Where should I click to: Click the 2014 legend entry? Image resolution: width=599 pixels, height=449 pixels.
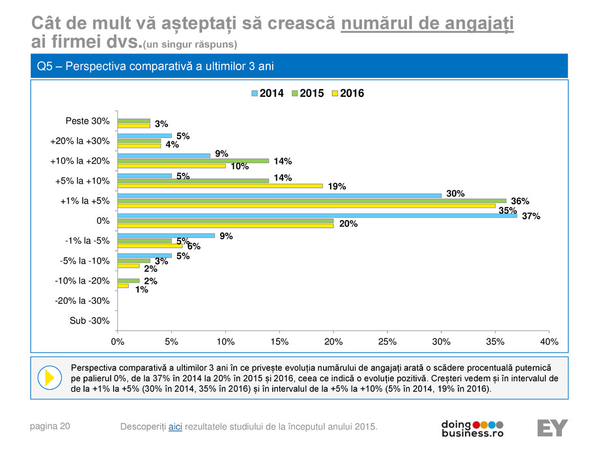click(268, 94)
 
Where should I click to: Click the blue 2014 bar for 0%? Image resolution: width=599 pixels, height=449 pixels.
click(317, 215)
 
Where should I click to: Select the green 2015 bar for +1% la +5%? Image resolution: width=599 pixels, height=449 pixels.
click(311, 200)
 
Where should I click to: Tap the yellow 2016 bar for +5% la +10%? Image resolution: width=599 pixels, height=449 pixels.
click(219, 185)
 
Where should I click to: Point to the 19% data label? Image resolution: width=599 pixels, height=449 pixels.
click(337, 187)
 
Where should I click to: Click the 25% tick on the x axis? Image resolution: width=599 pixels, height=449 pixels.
click(387, 341)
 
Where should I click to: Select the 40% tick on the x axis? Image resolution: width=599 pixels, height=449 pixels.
click(549, 341)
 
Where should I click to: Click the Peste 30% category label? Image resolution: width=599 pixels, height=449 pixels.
click(87, 121)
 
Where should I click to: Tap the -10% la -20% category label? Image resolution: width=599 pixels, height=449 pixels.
click(82, 280)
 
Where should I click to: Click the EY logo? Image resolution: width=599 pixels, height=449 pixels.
click(552, 428)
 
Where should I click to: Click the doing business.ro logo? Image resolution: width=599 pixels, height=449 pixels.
click(472, 428)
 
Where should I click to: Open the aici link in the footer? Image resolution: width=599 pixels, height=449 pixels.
click(174, 426)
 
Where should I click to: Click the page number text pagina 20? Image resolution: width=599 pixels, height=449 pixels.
click(51, 426)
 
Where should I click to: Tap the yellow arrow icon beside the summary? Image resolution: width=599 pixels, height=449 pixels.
click(48, 377)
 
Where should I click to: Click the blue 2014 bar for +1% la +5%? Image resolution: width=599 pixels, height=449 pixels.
click(279, 195)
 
